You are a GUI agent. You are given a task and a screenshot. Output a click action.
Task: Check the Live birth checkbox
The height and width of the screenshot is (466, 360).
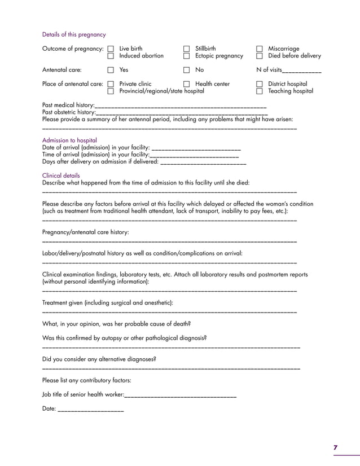pyautogui.click(x=111, y=49)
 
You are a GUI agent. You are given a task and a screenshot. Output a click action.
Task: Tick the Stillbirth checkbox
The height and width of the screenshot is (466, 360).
pyautogui.click(x=186, y=49)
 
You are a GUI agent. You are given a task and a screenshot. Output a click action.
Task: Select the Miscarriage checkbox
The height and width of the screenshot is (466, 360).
pyautogui.click(x=260, y=49)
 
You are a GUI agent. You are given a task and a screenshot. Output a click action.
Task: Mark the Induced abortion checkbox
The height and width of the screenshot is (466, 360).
pyautogui.click(x=111, y=56)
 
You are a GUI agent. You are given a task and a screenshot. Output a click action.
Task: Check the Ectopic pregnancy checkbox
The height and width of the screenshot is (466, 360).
pyautogui.click(x=186, y=56)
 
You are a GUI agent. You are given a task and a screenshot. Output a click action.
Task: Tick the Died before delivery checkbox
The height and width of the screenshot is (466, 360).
pyautogui.click(x=260, y=56)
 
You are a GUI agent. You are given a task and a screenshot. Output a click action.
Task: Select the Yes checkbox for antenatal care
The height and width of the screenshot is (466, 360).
pyautogui.click(x=111, y=71)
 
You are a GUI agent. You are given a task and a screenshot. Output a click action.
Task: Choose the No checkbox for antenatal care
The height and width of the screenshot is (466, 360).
pyautogui.click(x=186, y=71)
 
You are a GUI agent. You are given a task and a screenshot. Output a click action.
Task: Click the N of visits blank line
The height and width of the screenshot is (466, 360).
pyautogui.click(x=302, y=72)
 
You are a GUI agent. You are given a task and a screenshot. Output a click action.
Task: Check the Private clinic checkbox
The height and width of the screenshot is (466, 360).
pyautogui.click(x=111, y=85)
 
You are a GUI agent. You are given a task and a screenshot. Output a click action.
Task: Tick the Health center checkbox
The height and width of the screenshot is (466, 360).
pyautogui.click(x=186, y=85)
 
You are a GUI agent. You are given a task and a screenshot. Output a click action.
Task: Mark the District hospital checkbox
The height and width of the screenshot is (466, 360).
pyautogui.click(x=260, y=85)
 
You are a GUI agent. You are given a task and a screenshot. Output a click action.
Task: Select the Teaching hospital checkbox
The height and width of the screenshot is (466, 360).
pyautogui.click(x=260, y=91)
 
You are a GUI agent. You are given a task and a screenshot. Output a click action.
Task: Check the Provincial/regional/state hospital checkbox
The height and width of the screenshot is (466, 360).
pyautogui.click(x=111, y=91)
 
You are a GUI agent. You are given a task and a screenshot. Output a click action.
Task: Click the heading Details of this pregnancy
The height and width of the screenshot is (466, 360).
pyautogui.click(x=74, y=34)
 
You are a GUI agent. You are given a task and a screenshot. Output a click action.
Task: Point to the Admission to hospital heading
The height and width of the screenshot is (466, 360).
pyautogui.click(x=69, y=140)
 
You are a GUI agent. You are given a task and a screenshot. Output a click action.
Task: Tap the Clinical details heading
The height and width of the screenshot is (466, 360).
pyautogui.click(x=61, y=175)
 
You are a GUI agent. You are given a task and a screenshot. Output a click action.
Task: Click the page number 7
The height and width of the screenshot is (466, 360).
pyautogui.click(x=335, y=447)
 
